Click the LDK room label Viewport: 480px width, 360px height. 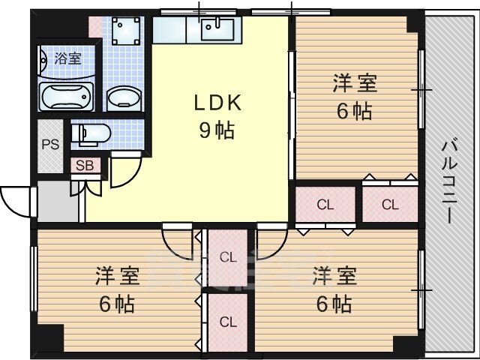click(218, 103)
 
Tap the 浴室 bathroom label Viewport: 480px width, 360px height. click(68, 58)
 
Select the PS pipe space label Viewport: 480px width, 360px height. click(50, 144)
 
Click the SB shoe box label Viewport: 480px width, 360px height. click(85, 166)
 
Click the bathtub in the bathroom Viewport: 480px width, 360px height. click(66, 97)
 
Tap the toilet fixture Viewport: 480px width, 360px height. click(91, 134)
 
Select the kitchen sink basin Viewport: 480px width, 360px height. click(217, 29)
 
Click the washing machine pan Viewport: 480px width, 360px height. click(126, 31)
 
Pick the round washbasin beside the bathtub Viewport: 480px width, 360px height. click(124, 97)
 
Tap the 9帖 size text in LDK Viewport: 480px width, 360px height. click(217, 130)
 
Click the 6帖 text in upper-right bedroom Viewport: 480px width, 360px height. click(355, 111)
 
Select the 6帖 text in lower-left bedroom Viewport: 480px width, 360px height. click(117, 304)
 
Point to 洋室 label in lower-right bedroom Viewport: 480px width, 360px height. click(334, 276)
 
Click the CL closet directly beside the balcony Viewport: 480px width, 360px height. click(390, 203)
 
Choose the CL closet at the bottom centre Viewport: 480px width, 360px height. click(228, 322)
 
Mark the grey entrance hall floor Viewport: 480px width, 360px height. click(58, 201)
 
